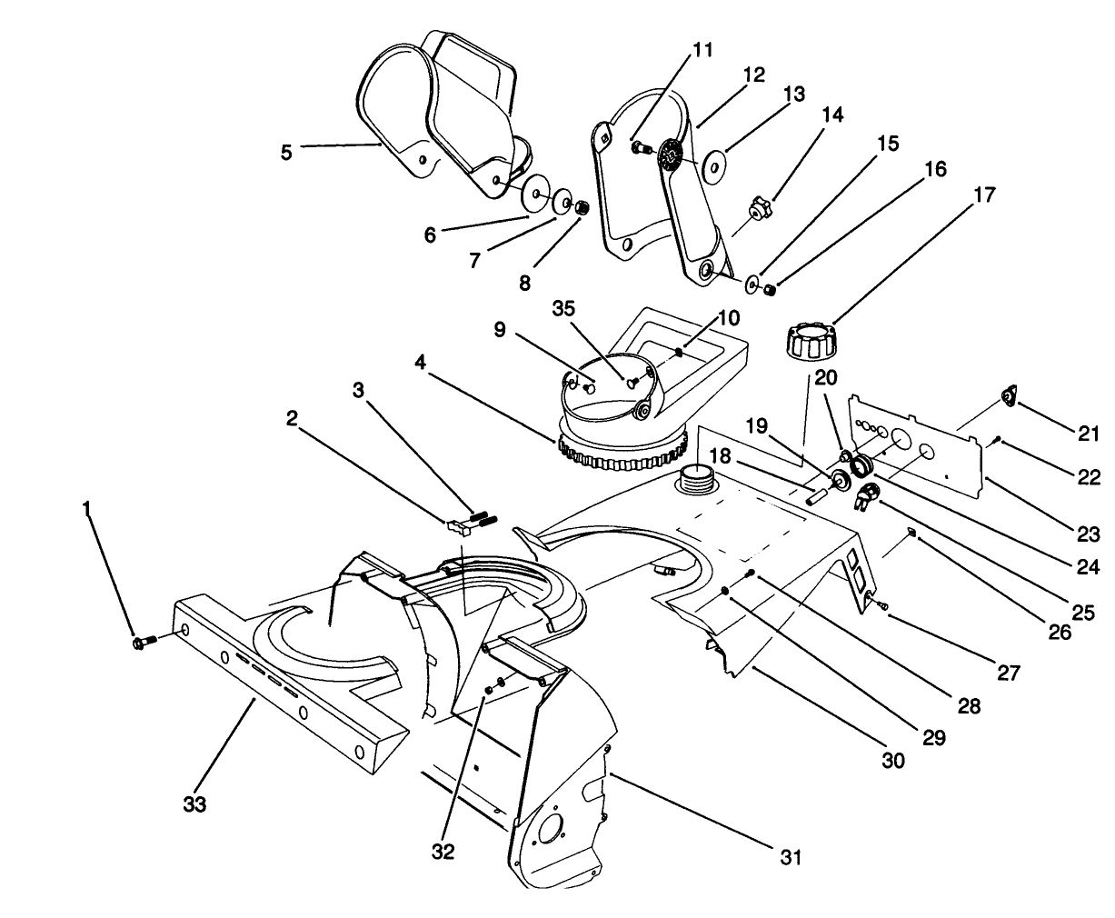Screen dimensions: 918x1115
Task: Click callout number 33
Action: pyautogui.click(x=194, y=804)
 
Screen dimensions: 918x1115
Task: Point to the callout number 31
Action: pyautogui.click(x=791, y=857)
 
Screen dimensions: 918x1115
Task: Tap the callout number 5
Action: pyautogui.click(x=286, y=152)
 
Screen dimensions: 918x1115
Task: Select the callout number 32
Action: pyautogui.click(x=443, y=852)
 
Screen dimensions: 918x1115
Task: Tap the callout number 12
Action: pyautogui.click(x=753, y=75)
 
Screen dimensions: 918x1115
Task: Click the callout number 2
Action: pyautogui.click(x=292, y=417)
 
